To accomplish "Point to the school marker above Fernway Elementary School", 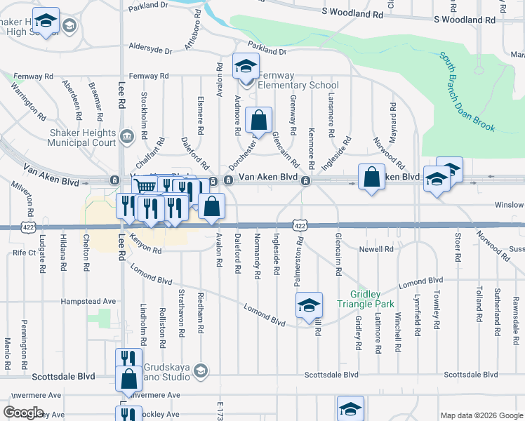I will pyautogui.click(x=246, y=67).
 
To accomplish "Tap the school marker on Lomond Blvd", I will pyautogui.click(x=309, y=306).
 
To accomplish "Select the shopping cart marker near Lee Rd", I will pyautogui.click(x=145, y=187).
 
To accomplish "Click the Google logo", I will pyautogui.click(x=24, y=413).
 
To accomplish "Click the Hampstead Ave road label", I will pyautogui.click(x=88, y=301).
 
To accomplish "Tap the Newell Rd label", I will pyautogui.click(x=376, y=249).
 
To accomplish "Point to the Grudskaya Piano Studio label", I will pyautogui.click(x=167, y=372).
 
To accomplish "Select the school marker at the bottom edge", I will pyautogui.click(x=350, y=409).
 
